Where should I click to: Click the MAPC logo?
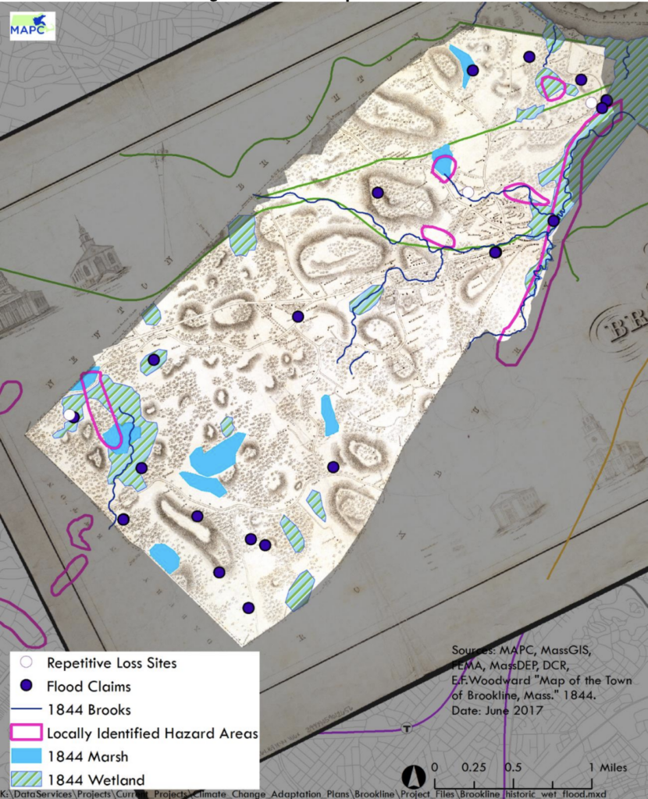click(32, 26)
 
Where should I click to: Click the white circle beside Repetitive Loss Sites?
click(26, 663)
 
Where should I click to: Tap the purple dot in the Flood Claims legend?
click(26, 687)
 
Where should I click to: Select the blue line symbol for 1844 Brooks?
click(26, 710)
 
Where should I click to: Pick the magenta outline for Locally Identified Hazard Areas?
click(26, 733)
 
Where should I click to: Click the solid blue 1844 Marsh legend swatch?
click(26, 756)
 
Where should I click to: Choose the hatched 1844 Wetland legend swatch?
click(26, 779)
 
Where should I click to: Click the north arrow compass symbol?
click(413, 776)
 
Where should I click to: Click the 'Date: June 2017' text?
click(490, 711)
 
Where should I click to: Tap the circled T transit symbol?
click(406, 729)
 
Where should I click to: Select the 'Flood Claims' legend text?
click(89, 687)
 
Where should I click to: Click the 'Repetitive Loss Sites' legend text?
click(112, 663)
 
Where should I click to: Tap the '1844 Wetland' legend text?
click(95, 779)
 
